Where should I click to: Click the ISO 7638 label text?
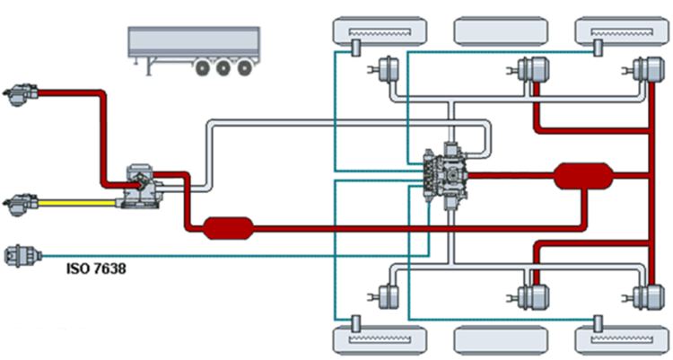(x=96, y=267)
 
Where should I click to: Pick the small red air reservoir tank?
(x=229, y=228)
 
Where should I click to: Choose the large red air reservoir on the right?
(x=583, y=176)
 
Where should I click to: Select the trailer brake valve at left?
(x=142, y=184)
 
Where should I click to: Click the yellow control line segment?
(x=81, y=203)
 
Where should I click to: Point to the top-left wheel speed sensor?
(x=355, y=47)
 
